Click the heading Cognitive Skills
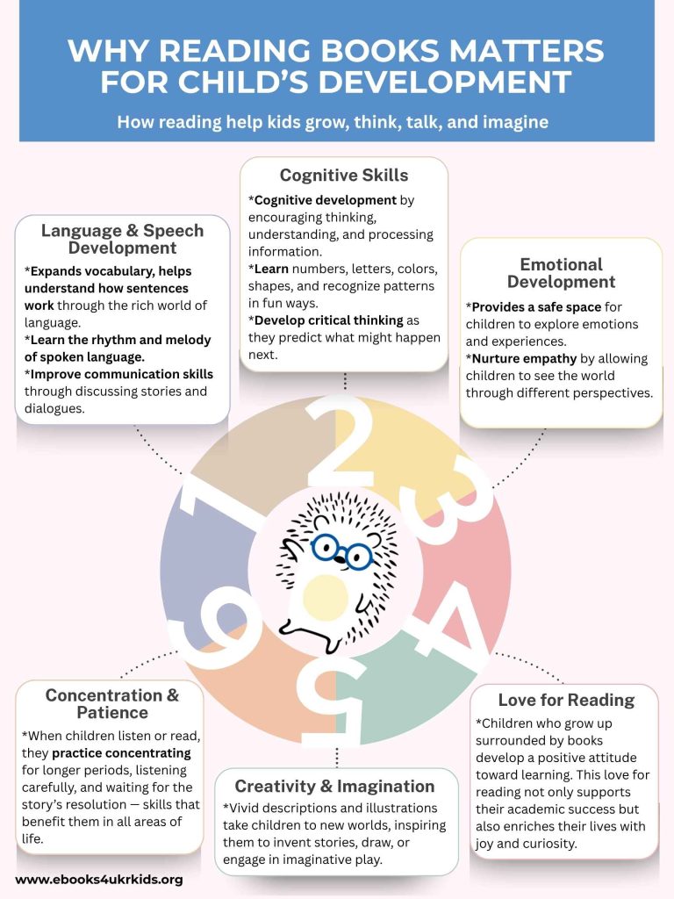click(344, 176)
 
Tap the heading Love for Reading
click(566, 700)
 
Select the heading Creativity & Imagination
click(335, 786)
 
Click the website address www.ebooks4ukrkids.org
click(99, 879)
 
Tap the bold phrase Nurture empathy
click(524, 358)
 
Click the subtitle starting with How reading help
click(333, 122)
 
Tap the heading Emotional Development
click(561, 273)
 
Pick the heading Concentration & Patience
click(111, 703)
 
